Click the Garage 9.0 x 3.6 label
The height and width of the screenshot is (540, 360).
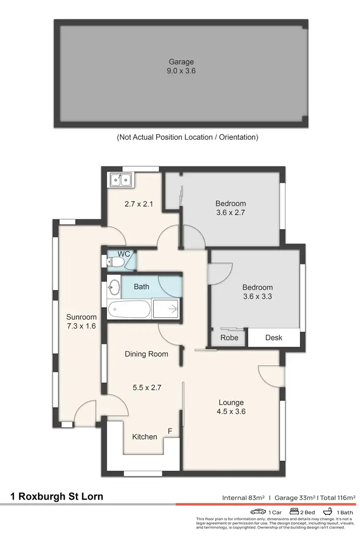pyautogui.click(x=181, y=66)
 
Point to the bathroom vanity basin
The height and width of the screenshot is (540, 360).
pyautogui.click(x=113, y=287)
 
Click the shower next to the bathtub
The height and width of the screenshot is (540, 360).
pyautogui.click(x=166, y=308)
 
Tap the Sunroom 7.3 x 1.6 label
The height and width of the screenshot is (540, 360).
pyautogui.click(x=81, y=321)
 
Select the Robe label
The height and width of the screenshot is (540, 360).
pyautogui.click(x=229, y=337)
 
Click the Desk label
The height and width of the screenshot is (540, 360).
pyautogui.click(x=274, y=337)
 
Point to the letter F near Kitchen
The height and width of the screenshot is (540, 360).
pyautogui.click(x=169, y=431)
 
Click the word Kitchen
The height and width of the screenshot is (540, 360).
pyautogui.click(x=144, y=436)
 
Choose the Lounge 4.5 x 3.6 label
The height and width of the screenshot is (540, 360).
pyautogui.click(x=231, y=407)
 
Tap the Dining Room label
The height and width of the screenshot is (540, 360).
pyautogui.click(x=146, y=354)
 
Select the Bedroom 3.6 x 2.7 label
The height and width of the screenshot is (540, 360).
pyautogui.click(x=231, y=208)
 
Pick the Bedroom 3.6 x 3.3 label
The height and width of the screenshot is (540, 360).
pyautogui.click(x=258, y=292)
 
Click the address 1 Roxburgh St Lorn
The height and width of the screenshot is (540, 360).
pyautogui.click(x=57, y=496)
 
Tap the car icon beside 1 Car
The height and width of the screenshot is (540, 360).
pyautogui.click(x=258, y=512)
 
